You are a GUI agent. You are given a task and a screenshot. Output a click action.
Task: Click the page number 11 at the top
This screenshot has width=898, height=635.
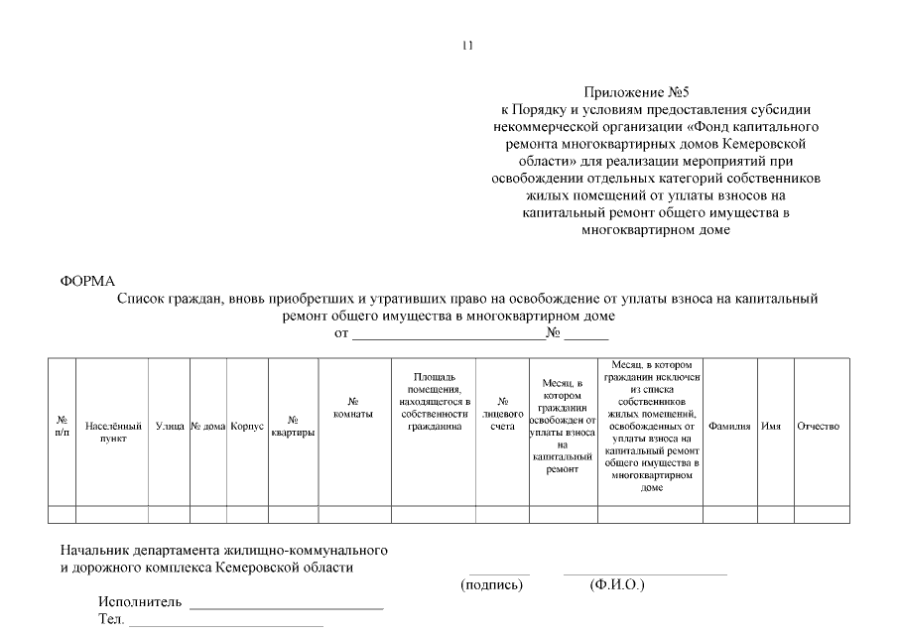click(x=468, y=46)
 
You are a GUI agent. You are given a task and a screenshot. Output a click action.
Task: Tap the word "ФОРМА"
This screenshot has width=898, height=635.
click(x=88, y=282)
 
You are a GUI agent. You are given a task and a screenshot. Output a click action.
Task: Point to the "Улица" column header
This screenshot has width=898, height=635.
click(x=170, y=426)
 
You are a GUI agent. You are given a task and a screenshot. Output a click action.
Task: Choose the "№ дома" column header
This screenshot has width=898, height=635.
click(x=208, y=426)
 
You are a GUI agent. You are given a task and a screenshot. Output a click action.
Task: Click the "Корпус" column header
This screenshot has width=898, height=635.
click(x=246, y=426)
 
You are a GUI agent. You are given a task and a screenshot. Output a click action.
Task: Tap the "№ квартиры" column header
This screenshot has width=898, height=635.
click(x=293, y=427)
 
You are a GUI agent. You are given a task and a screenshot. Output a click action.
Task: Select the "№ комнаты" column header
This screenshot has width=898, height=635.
click(x=353, y=408)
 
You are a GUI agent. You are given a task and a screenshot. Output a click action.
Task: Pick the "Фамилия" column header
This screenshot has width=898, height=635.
click(x=729, y=426)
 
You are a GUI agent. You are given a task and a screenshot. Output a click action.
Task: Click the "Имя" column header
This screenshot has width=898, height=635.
click(x=770, y=426)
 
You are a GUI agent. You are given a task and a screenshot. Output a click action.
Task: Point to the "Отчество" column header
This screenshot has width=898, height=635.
click(x=819, y=426)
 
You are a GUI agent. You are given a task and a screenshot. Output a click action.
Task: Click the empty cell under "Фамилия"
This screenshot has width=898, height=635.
click(x=729, y=514)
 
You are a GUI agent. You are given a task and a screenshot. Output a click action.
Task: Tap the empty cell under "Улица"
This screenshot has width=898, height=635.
click(x=170, y=514)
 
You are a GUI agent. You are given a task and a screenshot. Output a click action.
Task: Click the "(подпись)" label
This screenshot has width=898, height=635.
click(x=491, y=585)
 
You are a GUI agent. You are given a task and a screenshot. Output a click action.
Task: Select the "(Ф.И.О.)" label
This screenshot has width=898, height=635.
click(x=616, y=585)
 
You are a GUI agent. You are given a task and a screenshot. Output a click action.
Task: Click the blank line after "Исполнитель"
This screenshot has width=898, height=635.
click(x=286, y=605)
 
